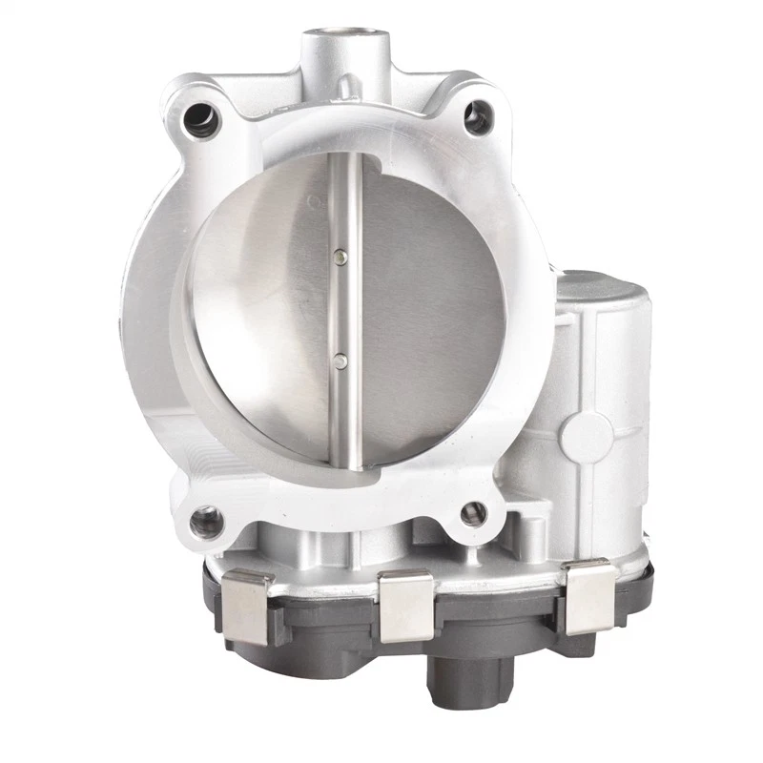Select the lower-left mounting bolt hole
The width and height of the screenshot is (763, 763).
pos(203,522)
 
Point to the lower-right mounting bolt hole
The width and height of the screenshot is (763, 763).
pos(473,514)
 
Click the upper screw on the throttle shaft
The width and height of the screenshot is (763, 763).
pos(340,255)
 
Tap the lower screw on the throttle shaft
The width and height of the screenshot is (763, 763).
pos(340,360)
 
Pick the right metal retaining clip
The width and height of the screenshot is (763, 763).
pos(587,597)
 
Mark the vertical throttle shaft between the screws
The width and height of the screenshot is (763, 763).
pos(341,307)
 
